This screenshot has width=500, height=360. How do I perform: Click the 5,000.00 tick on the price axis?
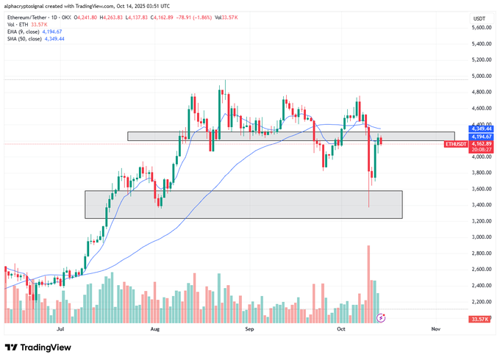(481, 76)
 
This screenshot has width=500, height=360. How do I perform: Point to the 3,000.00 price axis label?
(481, 237)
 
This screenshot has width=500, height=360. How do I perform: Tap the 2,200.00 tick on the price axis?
(481, 302)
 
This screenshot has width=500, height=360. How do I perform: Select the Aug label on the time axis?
(154, 331)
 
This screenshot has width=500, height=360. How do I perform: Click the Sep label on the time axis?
(249, 331)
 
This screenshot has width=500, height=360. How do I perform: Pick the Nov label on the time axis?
(435, 331)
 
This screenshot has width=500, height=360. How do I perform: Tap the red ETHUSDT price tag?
(456, 144)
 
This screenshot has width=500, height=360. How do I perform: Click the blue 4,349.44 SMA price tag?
(481, 129)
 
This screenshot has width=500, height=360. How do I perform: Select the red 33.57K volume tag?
(481, 319)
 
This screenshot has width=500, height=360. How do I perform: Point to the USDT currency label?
(479, 18)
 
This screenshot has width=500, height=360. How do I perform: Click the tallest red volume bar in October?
(368, 284)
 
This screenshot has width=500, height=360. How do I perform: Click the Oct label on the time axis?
(341, 331)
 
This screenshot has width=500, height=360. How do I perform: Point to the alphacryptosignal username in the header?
(29, 7)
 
